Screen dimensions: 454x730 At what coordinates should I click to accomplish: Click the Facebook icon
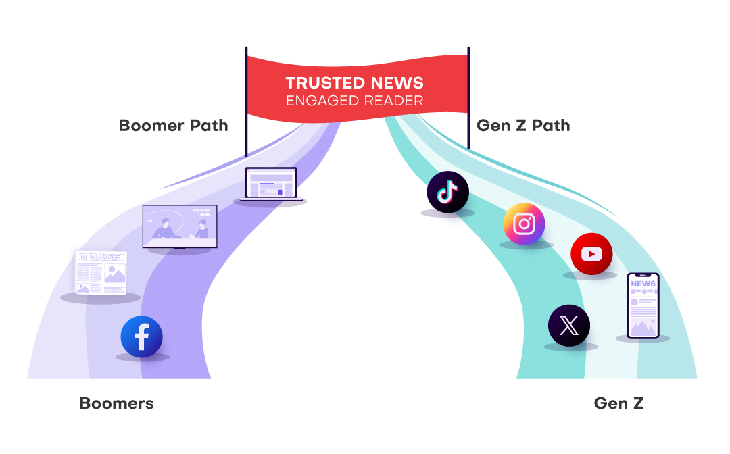pyautogui.click(x=141, y=336)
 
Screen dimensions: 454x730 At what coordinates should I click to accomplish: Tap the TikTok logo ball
pyautogui.click(x=447, y=192)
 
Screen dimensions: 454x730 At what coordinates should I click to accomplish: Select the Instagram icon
pyautogui.click(x=524, y=224)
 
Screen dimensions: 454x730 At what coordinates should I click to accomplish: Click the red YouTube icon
pyautogui.click(x=591, y=254)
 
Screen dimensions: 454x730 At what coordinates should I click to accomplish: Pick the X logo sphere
pyautogui.click(x=568, y=326)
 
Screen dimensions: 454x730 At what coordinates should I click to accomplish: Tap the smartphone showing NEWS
pyautogui.click(x=642, y=305)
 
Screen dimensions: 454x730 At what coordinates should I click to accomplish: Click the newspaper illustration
pyautogui.click(x=101, y=272)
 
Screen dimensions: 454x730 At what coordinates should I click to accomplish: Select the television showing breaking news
pyautogui.click(x=179, y=226)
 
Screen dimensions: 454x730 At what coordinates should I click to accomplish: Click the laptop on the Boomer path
pyautogui.click(x=270, y=184)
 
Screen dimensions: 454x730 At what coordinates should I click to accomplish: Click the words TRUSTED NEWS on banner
pyautogui.click(x=354, y=83)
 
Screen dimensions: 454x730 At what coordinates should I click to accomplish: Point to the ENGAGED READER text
pyautogui.click(x=354, y=101)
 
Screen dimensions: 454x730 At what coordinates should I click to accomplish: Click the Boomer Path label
pyautogui.click(x=173, y=126)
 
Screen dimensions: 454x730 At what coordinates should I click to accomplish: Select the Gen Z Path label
pyautogui.click(x=523, y=126)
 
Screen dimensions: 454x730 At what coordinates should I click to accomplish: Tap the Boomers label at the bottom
pyautogui.click(x=116, y=404)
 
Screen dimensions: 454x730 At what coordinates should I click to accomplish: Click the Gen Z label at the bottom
pyautogui.click(x=618, y=404)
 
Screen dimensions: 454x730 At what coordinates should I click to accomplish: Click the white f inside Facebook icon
pyautogui.click(x=142, y=336)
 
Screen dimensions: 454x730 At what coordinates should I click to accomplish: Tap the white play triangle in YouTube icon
pyautogui.click(x=592, y=254)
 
